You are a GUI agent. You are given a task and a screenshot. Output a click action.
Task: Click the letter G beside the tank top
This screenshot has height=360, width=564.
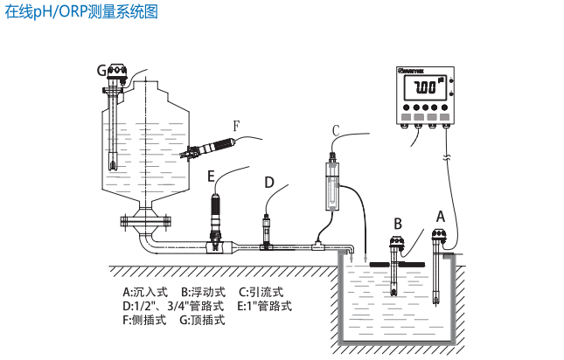click(x=101, y=70)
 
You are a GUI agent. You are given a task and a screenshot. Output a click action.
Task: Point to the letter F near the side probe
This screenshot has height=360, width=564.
click(x=235, y=126)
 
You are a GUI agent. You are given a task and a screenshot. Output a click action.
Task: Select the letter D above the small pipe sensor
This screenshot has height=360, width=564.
click(x=269, y=182)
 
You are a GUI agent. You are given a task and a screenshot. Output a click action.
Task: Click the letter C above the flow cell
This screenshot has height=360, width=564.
click(x=335, y=130)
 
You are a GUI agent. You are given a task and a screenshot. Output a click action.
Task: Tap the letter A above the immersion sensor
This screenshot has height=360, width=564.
click(x=441, y=215)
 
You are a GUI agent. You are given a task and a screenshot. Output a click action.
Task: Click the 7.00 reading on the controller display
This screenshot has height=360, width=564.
click(x=424, y=88)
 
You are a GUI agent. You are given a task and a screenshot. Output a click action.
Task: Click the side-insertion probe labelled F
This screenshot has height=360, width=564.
click(x=206, y=145)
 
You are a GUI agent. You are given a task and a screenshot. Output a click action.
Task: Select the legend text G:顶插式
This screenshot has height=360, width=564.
click(x=202, y=320)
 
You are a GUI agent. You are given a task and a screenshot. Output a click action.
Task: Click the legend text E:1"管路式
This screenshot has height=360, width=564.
click(x=264, y=306)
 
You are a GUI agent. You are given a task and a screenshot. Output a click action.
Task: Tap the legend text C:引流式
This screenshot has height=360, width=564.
click(x=261, y=292)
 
